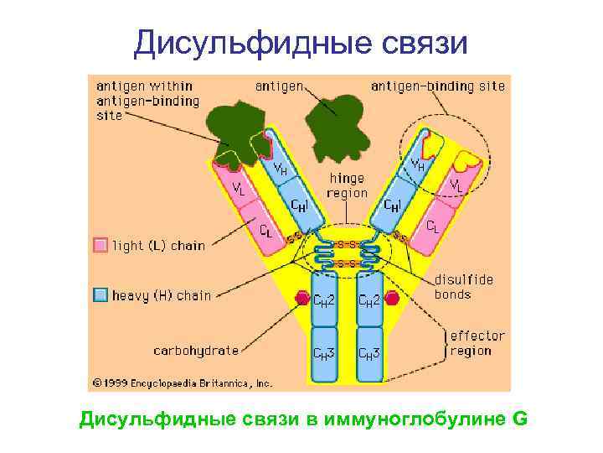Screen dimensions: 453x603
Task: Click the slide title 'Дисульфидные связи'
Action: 301,42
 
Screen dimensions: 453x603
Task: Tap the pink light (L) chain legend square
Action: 100,246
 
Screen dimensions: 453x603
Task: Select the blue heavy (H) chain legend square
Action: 100,294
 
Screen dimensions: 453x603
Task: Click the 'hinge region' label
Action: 348,186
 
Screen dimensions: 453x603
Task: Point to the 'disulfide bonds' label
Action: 464,288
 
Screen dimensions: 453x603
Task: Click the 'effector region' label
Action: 477,343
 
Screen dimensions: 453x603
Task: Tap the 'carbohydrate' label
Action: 196,350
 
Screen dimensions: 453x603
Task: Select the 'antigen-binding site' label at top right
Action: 438,86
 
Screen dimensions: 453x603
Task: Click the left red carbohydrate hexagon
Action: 301,298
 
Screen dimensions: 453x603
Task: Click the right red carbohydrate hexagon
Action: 391,298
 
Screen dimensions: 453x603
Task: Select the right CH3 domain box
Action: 369,353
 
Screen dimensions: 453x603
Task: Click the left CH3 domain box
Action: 324,353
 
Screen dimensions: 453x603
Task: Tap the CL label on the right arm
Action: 432,226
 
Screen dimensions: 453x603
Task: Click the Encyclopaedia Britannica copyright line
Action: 183,383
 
